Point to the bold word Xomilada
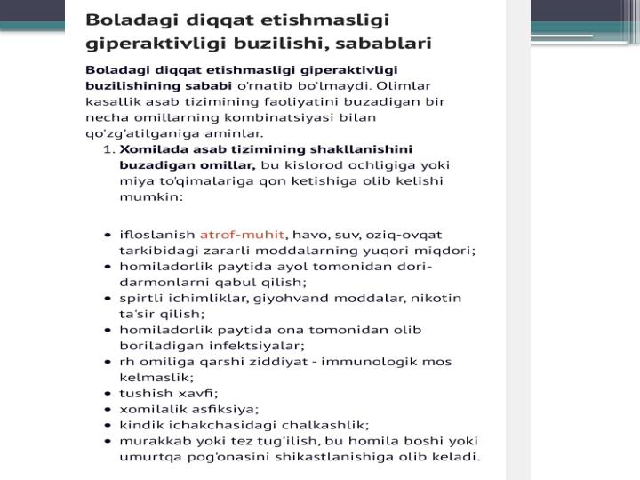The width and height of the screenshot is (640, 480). (152, 149)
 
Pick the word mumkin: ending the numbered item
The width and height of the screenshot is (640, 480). (150, 196)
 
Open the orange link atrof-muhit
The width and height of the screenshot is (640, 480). (242, 235)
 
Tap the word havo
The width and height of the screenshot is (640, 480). (309, 235)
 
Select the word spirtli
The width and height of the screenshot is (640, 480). (140, 298)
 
